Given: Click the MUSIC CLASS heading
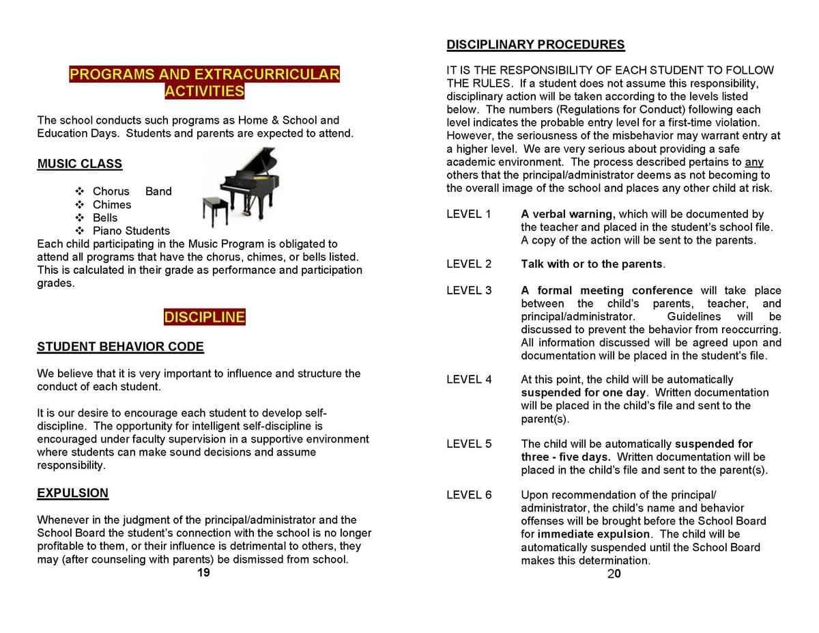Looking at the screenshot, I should pos(80,164).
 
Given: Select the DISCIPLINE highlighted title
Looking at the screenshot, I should pos(204,317).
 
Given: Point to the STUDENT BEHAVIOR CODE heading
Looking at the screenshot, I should pos(120,347).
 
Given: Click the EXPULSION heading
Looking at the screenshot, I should pos(72,493).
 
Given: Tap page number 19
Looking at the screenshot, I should pos(203,573).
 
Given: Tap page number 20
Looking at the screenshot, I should pos(614,574).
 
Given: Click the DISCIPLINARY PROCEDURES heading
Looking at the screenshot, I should pos(535,45).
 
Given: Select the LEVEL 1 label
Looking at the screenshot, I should pos(469,214).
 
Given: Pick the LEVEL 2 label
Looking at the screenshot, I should pos(469,264).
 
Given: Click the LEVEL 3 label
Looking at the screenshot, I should pos(469,291).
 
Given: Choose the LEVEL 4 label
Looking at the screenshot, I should pos(469,380).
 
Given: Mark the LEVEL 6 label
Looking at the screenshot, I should pos(469,495).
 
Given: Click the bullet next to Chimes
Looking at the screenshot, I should pos(80,205).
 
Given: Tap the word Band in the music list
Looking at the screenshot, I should pos(158,192).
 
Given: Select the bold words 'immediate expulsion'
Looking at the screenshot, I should pos(594,534).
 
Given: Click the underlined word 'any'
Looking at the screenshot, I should pos(754,163).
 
